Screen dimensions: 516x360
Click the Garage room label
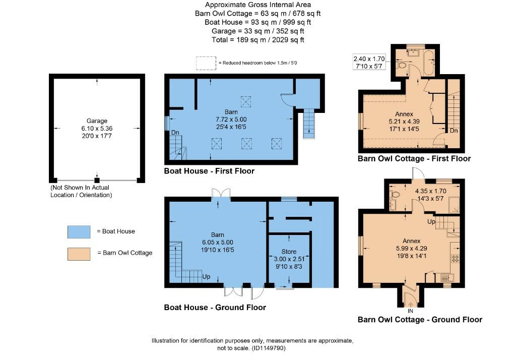97,121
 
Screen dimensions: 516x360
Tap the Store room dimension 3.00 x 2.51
289,259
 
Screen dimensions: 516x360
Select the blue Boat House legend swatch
79,232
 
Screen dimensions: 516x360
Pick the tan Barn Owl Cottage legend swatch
79,254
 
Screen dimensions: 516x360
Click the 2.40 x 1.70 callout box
369,62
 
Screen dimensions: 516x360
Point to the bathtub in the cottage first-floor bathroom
429,63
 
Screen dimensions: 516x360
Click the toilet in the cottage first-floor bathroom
401,65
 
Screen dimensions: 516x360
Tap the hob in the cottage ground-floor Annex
456,259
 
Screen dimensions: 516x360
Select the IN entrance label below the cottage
410,311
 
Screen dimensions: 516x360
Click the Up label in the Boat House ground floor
206,277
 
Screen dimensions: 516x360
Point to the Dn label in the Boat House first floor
175,133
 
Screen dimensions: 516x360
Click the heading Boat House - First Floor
209,171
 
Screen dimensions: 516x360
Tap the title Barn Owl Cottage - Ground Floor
420,320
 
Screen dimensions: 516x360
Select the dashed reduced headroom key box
206,63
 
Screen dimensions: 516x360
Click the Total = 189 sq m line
257,40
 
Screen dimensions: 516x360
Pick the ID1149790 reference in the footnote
268,348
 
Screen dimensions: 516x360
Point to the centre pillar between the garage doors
97,180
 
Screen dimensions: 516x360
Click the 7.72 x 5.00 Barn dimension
231,119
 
